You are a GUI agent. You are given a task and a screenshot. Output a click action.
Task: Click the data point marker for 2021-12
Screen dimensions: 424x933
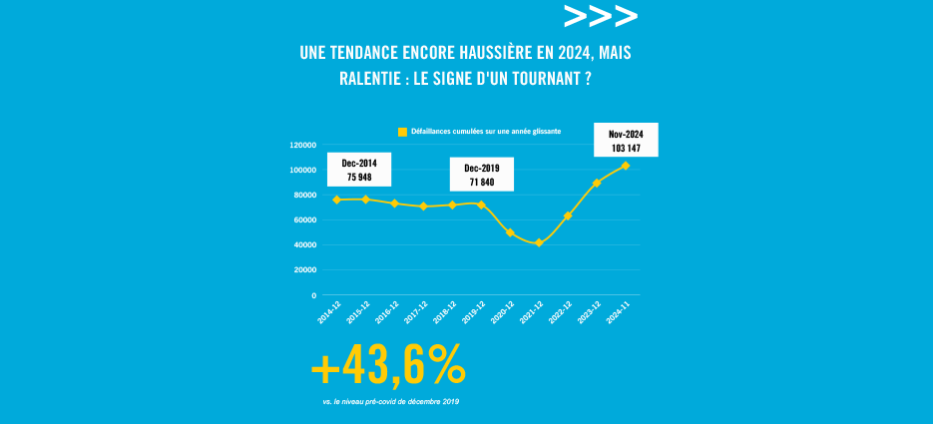point(539,242)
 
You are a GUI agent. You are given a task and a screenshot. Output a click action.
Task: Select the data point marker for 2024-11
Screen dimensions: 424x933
point(626,166)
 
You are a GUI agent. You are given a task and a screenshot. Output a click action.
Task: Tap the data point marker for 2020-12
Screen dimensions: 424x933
point(510,232)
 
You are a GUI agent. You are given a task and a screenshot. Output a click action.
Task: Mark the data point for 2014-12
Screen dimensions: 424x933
point(336,200)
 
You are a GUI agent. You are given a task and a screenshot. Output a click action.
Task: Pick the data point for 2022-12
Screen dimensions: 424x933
point(568,215)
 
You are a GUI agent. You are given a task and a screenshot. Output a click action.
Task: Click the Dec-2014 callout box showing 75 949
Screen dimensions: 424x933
point(358,170)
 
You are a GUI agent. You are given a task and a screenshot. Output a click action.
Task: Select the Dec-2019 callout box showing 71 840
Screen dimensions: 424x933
point(482,175)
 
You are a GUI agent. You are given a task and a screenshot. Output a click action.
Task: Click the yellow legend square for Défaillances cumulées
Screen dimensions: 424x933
point(402,132)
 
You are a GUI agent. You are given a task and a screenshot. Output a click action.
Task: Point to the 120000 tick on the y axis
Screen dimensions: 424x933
point(302,145)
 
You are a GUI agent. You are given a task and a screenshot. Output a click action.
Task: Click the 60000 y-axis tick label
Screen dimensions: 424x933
point(304,219)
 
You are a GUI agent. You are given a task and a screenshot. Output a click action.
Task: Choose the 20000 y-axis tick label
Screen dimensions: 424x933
point(304,270)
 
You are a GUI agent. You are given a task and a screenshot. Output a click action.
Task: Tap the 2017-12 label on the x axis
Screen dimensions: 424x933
point(417,311)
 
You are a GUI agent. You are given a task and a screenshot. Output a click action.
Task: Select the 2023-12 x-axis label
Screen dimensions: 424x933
point(591,311)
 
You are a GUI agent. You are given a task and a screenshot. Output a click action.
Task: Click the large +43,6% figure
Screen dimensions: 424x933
point(388,368)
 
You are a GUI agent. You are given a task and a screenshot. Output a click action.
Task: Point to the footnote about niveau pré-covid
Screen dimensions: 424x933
point(390,401)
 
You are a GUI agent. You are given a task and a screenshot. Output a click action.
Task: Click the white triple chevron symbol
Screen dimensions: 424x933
point(600,16)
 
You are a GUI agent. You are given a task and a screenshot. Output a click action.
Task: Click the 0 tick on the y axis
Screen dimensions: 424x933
point(313,295)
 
